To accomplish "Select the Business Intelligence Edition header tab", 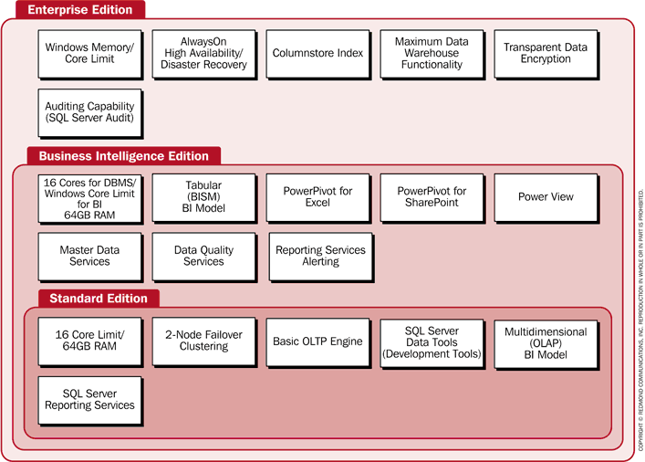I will click(123, 156).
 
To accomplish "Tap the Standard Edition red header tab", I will click(98, 298).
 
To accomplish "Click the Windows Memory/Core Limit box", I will click(89, 53).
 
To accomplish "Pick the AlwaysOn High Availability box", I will click(203, 53).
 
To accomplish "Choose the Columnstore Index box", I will click(317, 53).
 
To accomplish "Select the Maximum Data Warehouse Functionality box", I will click(432, 53).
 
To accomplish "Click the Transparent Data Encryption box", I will click(546, 53).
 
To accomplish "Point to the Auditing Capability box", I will click(89, 112).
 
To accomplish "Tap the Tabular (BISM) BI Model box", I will click(203, 196).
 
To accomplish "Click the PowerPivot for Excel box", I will click(317, 196).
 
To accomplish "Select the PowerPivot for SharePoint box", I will click(432, 196).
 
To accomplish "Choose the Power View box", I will click(546, 196).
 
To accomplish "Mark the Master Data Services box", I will click(89, 256).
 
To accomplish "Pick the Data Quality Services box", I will click(203, 256).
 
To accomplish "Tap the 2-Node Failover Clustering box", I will click(203, 341).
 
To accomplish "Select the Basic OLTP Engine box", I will click(317, 341).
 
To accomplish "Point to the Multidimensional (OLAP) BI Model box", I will click(546, 341).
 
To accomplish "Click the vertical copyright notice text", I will click(640, 320).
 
